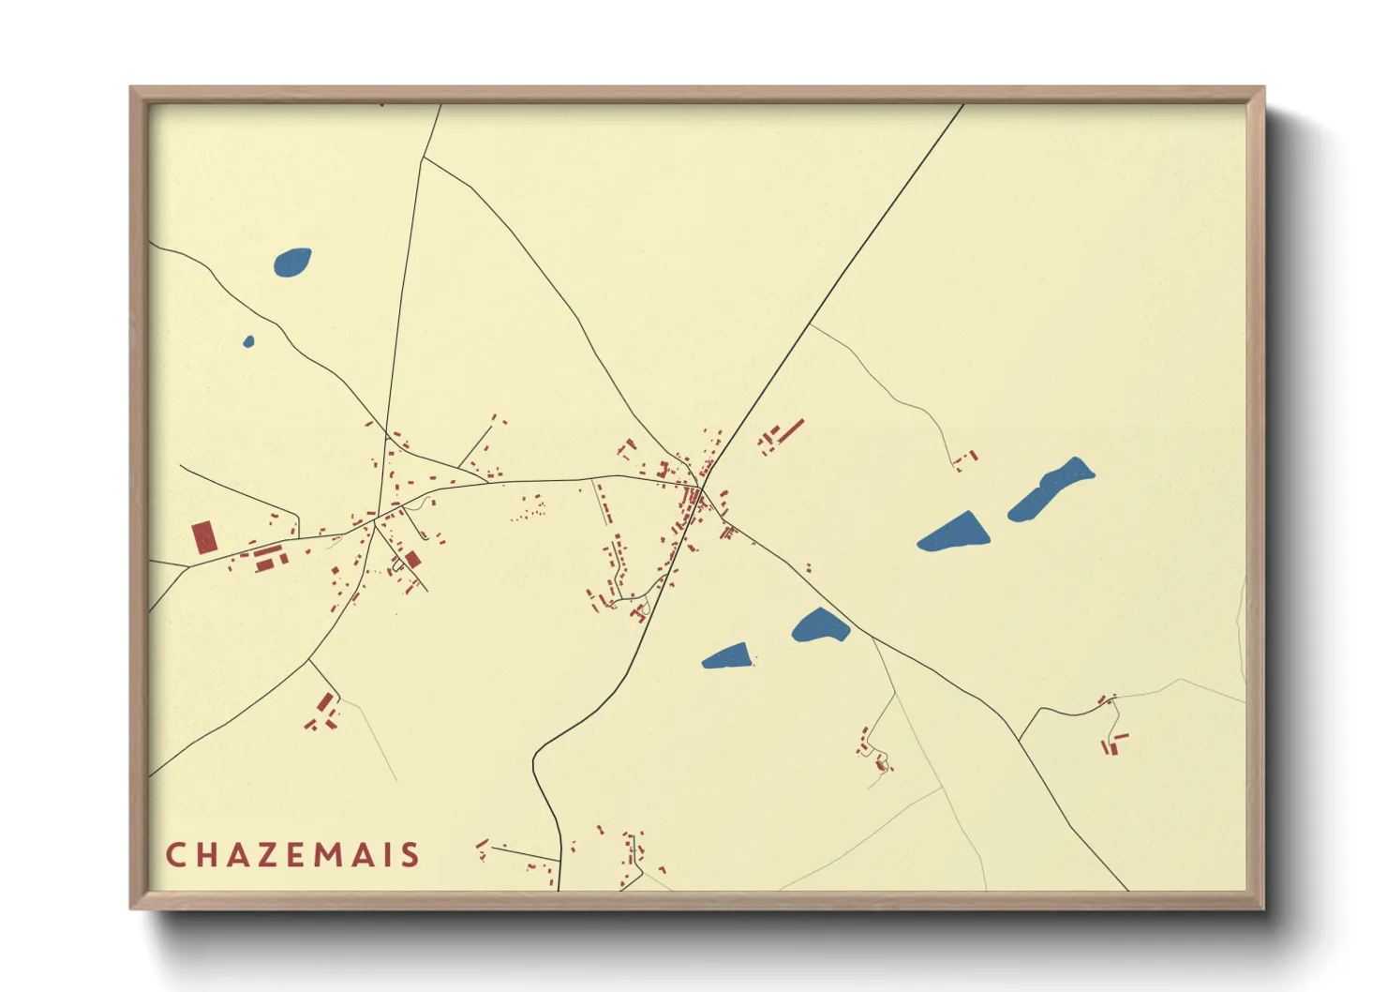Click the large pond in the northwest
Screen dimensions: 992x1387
point(292,263)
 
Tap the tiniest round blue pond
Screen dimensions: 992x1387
point(248,341)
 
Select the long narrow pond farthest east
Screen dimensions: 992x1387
point(1051,488)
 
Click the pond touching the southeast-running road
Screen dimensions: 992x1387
point(820,625)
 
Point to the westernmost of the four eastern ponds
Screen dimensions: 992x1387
point(727,656)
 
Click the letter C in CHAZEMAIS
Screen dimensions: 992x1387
point(175,855)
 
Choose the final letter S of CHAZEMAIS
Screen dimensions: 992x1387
point(410,855)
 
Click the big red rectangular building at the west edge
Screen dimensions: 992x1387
point(204,538)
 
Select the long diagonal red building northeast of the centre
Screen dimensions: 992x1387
point(792,430)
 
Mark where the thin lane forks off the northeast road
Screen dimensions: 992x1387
point(810,324)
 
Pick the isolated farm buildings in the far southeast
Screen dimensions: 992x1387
point(1112,744)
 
